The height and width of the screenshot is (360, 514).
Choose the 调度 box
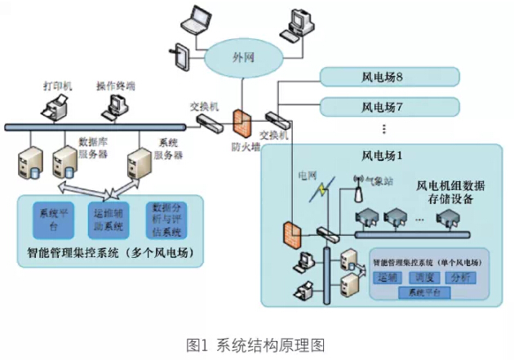point(426,278)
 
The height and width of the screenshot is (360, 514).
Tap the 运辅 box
point(388,278)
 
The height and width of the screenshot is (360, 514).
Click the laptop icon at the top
point(199,20)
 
